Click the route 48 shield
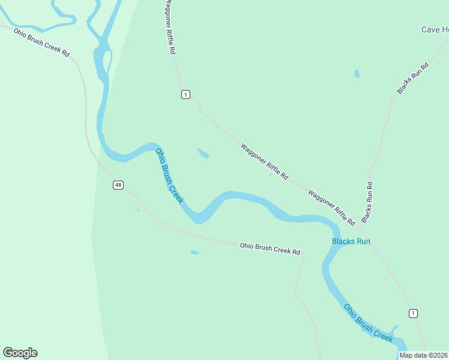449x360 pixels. tap(118, 185)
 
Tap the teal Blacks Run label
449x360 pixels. tap(351, 242)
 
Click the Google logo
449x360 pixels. tap(20, 353)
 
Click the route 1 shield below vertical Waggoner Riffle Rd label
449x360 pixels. tap(185, 94)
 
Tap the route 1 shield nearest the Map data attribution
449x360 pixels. tap(413, 313)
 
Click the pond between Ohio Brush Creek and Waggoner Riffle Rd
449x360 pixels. tap(203, 154)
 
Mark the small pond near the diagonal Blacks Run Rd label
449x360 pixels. tap(357, 74)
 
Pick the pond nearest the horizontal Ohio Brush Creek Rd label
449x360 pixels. tap(194, 253)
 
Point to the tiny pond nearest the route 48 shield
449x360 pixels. tap(138, 210)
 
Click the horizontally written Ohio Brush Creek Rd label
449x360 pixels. tap(270, 248)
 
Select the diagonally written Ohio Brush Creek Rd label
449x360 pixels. tap(41, 42)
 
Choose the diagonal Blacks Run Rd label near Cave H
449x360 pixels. tap(413, 78)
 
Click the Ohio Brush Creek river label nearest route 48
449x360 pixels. tap(169, 176)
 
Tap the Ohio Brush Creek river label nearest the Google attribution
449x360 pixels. tap(368, 323)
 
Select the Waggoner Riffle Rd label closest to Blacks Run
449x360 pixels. tap(331, 208)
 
